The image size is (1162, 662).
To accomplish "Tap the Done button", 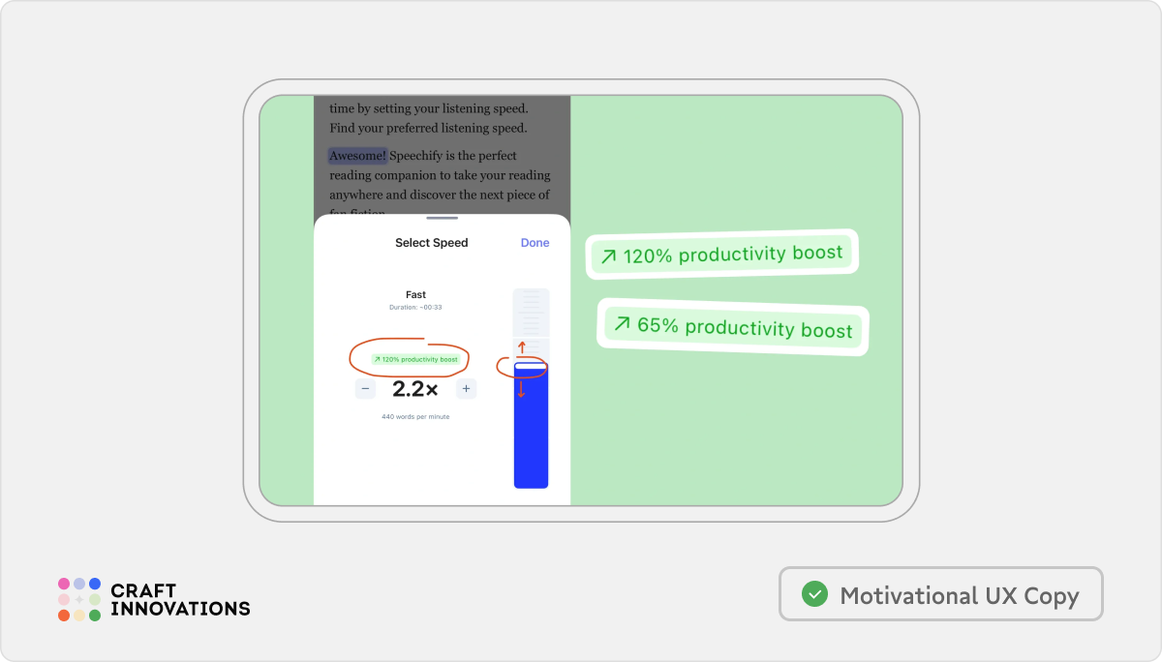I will (x=535, y=243).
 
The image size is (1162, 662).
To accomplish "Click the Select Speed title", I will (x=431, y=243).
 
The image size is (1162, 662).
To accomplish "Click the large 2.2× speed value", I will (x=415, y=389).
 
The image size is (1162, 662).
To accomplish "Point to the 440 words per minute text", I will (x=415, y=417).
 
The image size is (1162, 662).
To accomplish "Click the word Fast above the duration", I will (x=415, y=294).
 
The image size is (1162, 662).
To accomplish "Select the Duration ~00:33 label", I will (x=415, y=307).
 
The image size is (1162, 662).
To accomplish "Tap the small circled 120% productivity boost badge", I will (x=415, y=359).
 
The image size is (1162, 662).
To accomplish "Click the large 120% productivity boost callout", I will (x=721, y=255).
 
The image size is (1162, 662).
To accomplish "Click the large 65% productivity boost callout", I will (x=732, y=326).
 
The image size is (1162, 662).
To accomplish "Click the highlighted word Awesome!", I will (x=357, y=156).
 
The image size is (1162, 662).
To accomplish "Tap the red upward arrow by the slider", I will (x=521, y=346).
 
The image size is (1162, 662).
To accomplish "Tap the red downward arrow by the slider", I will (x=521, y=389).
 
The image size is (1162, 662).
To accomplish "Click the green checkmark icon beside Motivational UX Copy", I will (x=815, y=594).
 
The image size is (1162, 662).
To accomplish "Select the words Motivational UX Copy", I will (x=959, y=595).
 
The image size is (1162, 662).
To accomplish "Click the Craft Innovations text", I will (x=180, y=600).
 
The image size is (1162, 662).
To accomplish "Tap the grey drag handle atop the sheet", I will (x=442, y=218).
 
